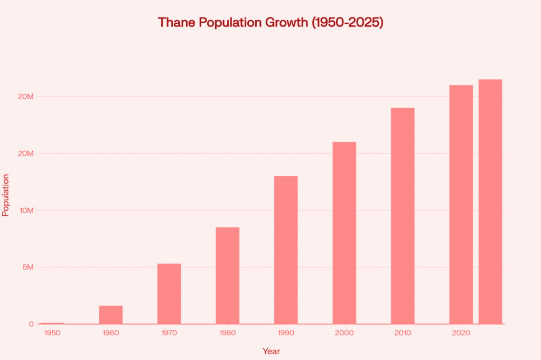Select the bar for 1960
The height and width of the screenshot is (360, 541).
pos(111,315)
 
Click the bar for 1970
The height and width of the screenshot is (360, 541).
pos(169,293)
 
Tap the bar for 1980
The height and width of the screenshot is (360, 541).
pos(228,275)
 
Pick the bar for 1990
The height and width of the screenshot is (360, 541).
pos(286,250)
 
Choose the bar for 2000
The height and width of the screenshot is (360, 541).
pos(344,233)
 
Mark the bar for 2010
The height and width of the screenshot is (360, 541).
pos(403,215)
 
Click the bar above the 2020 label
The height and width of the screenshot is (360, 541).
pos(461,204)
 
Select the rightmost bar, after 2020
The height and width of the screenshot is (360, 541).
pos(490,201)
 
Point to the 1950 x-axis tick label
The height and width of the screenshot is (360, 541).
pos(52,333)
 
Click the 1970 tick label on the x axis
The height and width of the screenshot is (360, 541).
pos(169,333)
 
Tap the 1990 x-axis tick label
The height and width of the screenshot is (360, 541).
pos(286,333)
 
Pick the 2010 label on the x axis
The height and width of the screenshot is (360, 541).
pos(403,333)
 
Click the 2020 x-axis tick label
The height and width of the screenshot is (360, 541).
pos(461,333)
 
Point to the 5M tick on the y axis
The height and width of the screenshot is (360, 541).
pos(26,267)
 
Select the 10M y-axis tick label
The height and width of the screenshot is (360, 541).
pos(25,210)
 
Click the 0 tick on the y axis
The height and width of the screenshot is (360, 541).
pos(32,324)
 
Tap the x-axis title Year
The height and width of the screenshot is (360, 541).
pos(271,351)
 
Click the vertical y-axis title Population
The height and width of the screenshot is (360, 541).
pos(6,195)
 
